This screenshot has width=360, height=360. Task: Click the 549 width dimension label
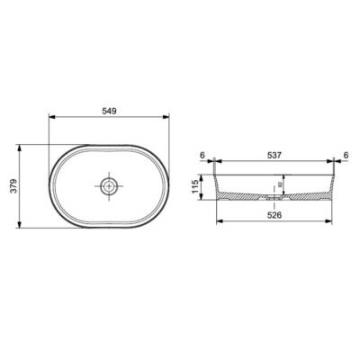[110, 111]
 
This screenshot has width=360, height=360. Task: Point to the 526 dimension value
[275, 214]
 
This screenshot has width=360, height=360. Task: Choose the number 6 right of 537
[346, 155]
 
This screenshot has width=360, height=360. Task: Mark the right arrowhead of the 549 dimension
[172, 118]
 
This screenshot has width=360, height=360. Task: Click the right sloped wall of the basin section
[334, 184]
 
